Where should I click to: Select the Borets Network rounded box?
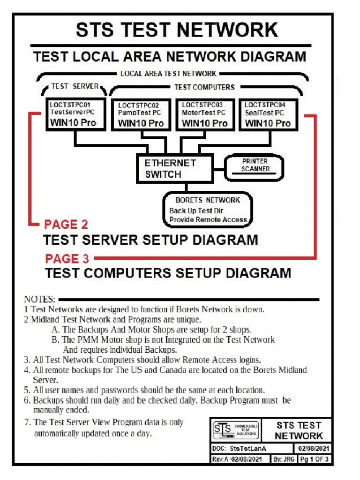click(x=208, y=210)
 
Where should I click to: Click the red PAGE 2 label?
click(x=66, y=225)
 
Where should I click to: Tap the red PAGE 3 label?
click(x=68, y=258)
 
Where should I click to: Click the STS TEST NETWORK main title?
click(x=177, y=30)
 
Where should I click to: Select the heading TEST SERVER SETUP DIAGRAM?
click(x=150, y=240)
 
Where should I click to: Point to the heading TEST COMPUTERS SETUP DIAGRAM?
click(x=168, y=273)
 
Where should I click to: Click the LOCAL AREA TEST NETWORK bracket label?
click(x=168, y=74)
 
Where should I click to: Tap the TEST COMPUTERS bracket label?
click(x=204, y=87)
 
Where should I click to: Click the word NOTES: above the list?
click(x=40, y=299)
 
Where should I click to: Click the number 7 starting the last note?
click(x=27, y=422)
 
